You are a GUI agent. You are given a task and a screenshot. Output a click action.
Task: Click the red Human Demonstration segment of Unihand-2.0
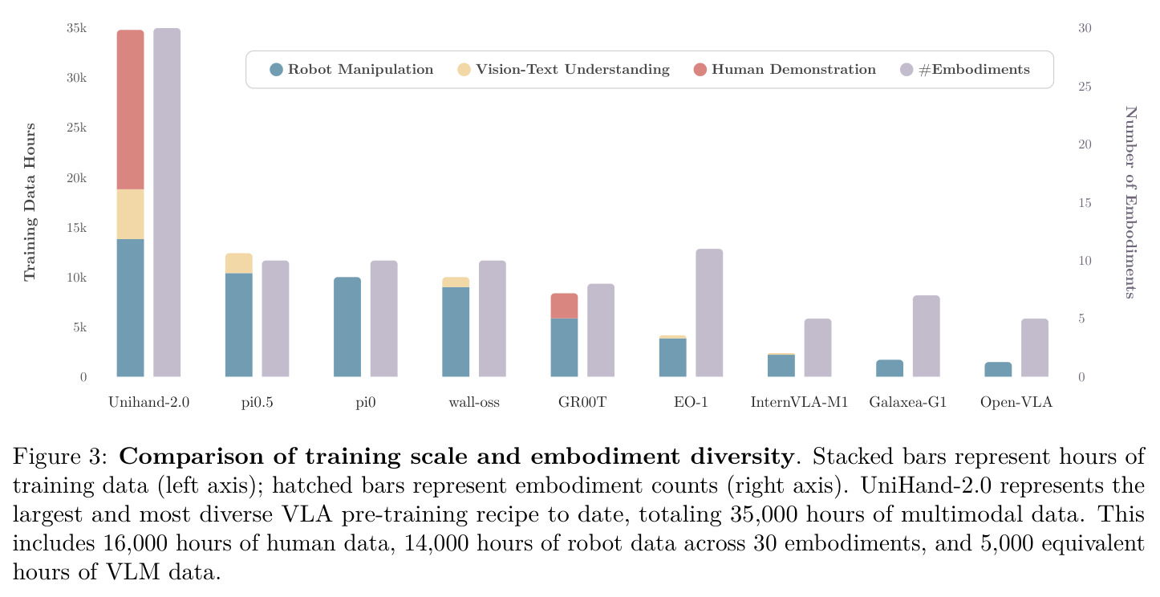tap(130, 109)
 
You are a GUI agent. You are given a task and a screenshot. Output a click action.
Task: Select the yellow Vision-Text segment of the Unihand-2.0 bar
tap(130, 214)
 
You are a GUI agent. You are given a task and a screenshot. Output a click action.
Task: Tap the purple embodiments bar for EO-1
tap(709, 313)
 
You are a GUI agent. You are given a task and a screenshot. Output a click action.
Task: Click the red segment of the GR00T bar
tap(564, 306)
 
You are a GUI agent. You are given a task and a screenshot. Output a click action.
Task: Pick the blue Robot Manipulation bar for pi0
tap(347, 327)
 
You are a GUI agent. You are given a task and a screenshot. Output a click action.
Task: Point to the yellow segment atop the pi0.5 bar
tap(239, 263)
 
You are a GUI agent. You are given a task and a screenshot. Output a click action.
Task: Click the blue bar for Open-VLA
tap(998, 369)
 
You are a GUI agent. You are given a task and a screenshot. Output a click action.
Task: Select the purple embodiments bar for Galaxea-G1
tap(926, 336)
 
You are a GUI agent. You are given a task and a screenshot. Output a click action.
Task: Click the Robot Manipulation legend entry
tap(351, 69)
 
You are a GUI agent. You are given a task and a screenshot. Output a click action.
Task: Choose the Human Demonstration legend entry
tap(785, 69)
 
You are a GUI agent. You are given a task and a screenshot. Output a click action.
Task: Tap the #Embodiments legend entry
tap(965, 69)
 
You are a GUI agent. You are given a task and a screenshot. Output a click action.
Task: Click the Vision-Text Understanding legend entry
tap(563, 69)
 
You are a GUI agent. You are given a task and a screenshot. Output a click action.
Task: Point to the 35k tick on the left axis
tap(77, 28)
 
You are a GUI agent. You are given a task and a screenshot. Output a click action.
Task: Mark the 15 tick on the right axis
tap(1085, 202)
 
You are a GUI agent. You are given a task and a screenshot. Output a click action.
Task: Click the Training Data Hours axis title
tap(30, 202)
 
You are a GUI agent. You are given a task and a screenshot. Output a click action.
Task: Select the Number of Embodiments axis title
tap(1131, 202)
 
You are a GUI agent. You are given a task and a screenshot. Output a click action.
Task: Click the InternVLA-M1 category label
tap(799, 402)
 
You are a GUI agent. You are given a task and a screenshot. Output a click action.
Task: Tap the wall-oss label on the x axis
tap(474, 402)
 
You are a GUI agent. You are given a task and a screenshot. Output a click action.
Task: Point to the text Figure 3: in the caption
tap(60, 457)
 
